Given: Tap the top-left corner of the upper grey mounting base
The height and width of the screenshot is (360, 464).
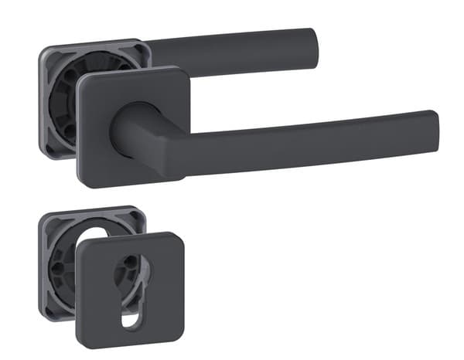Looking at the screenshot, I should click(43, 53).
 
